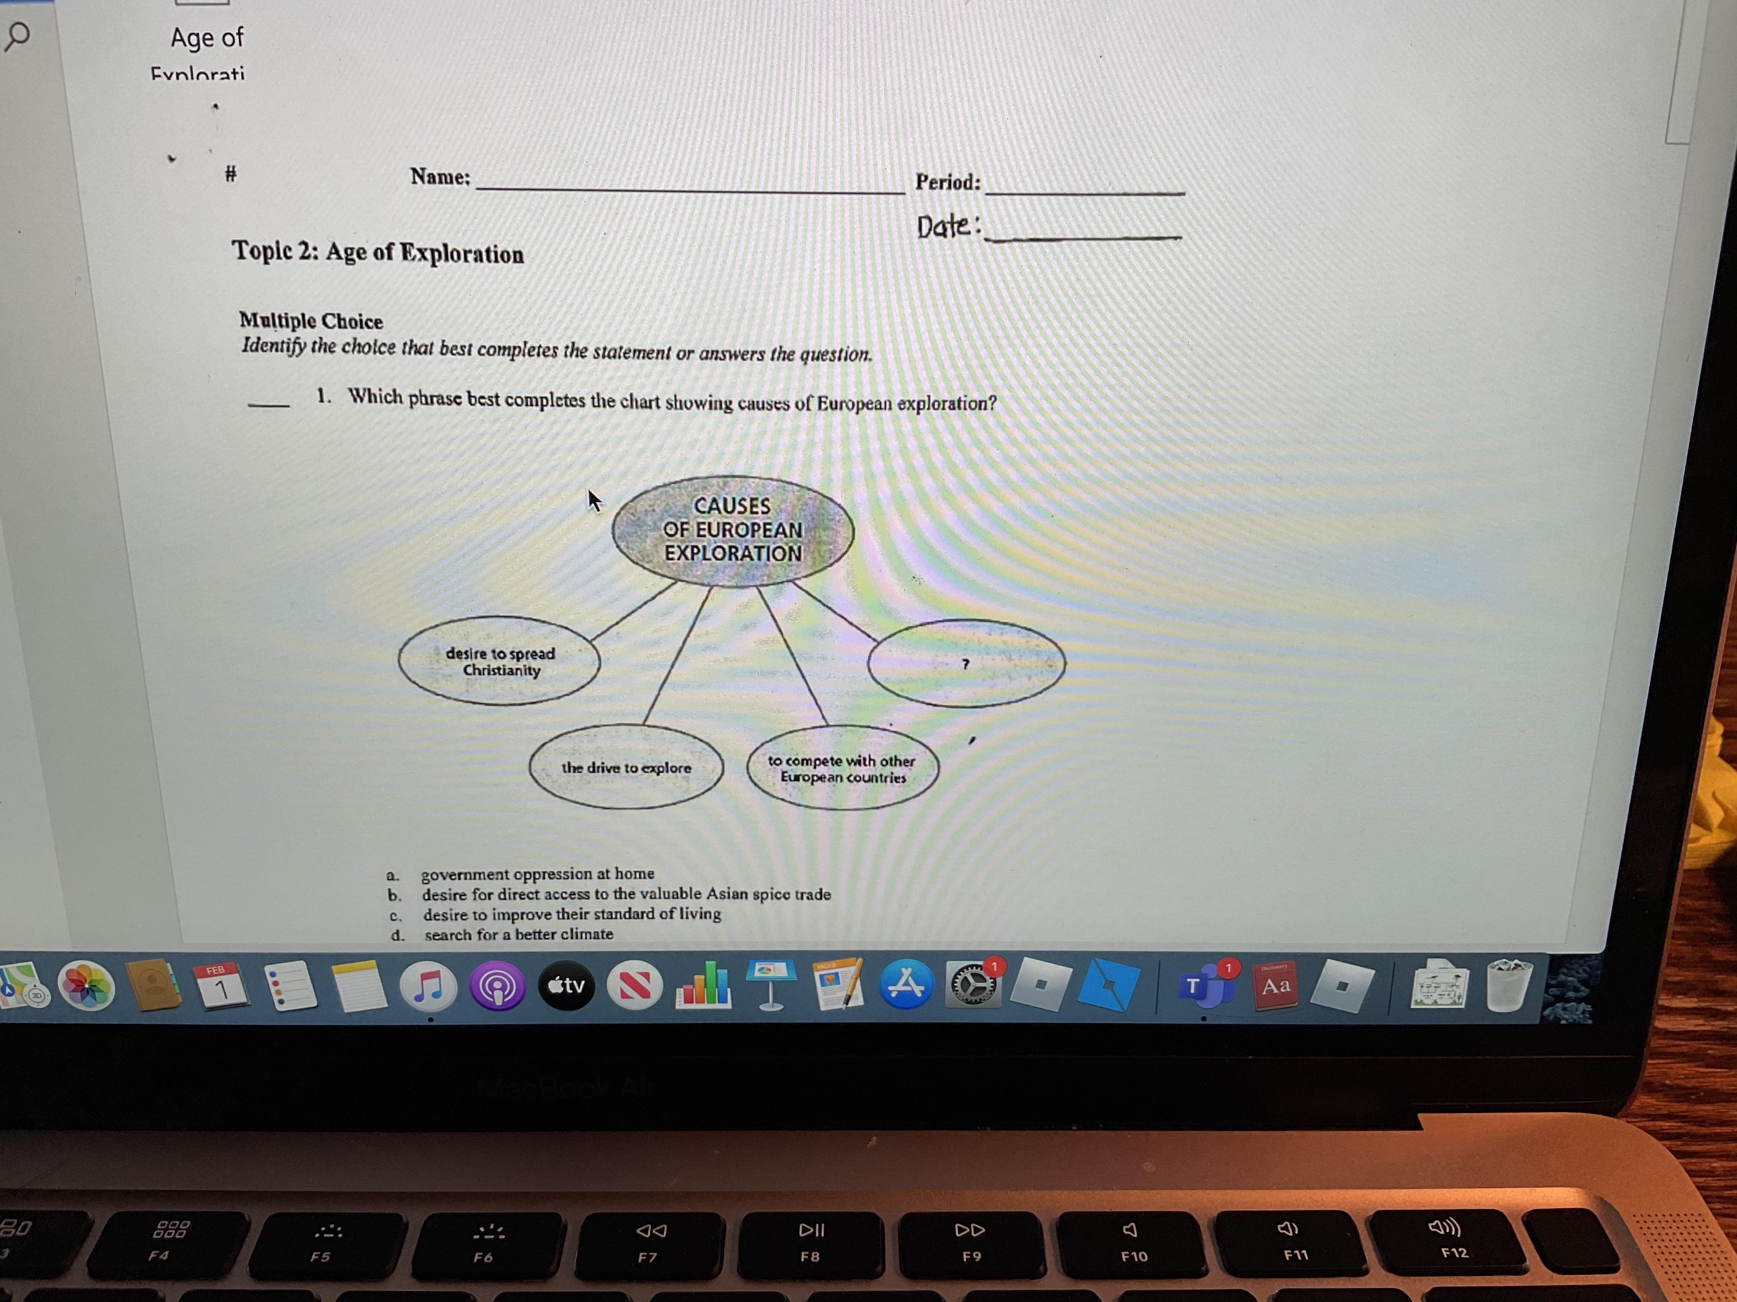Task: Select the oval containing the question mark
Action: click(966, 663)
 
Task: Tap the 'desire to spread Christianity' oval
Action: click(499, 661)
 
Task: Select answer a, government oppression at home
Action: click(537, 874)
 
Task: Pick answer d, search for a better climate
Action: click(518, 934)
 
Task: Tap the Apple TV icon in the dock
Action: click(566, 986)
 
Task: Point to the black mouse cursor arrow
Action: click(594, 500)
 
